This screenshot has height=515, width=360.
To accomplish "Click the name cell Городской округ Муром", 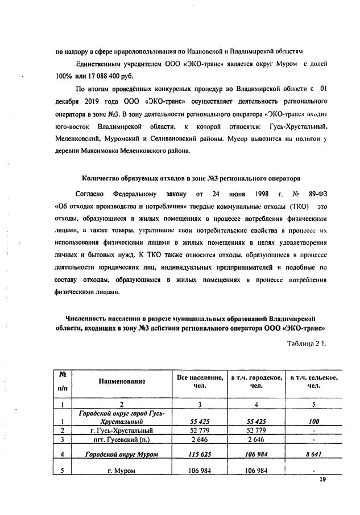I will coord(121,455).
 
